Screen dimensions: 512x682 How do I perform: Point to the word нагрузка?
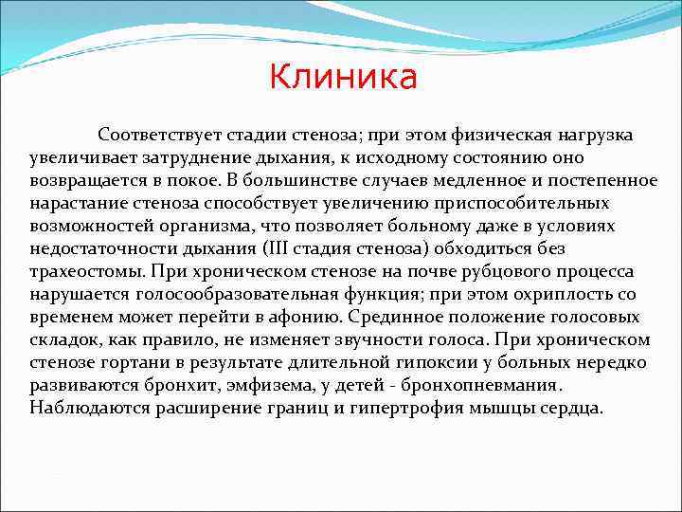click(597, 135)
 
